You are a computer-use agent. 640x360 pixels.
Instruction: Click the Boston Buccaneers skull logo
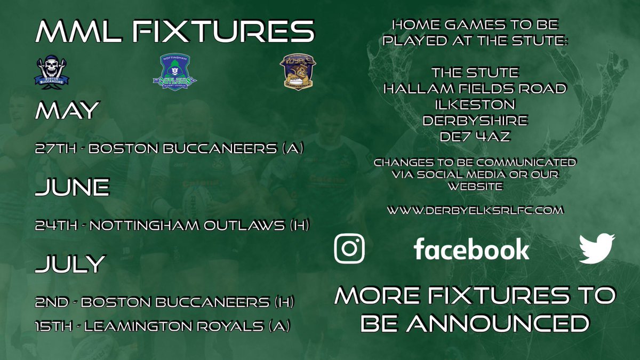[52, 71]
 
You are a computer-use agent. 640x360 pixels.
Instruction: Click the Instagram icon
[349, 249]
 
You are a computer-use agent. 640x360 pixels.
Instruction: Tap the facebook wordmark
[471, 249]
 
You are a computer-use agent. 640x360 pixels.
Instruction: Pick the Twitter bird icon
[597, 249]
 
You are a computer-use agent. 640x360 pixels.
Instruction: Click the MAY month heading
[67, 111]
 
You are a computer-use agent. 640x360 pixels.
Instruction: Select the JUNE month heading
[73, 188]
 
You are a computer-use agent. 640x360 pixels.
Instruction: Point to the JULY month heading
[70, 263]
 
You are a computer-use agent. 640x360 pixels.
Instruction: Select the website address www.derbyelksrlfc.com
[475, 211]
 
